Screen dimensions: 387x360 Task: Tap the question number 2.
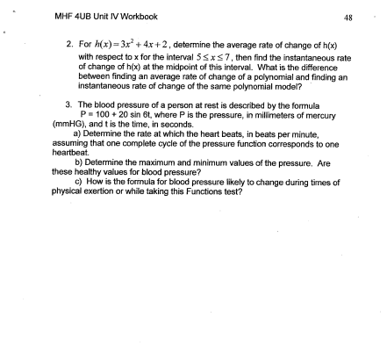pos(69,42)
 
